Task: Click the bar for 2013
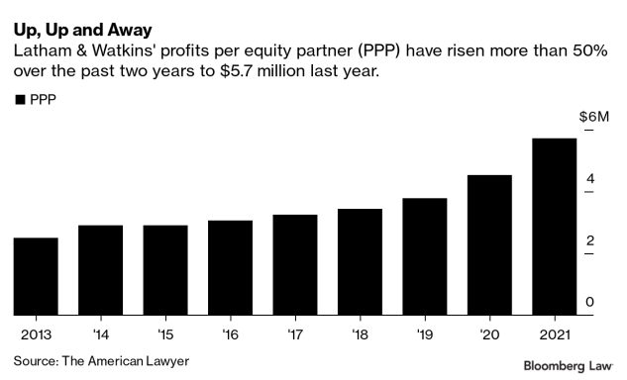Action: [x=36, y=276]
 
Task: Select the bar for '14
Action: [x=100, y=270]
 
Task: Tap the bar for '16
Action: [x=230, y=267]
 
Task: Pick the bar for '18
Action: [x=360, y=261]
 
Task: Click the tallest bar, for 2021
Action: [x=554, y=227]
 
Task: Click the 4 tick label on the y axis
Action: [x=590, y=179]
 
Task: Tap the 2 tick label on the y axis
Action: [x=590, y=240]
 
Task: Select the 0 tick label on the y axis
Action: [x=590, y=302]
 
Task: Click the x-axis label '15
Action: [x=164, y=333]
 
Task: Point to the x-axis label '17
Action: [x=294, y=333]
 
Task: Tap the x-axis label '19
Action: [x=424, y=333]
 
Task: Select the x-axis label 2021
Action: [x=555, y=333]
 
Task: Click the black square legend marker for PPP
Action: [x=19, y=99]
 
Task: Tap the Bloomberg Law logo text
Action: [x=568, y=365]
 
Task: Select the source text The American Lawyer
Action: [x=125, y=360]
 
